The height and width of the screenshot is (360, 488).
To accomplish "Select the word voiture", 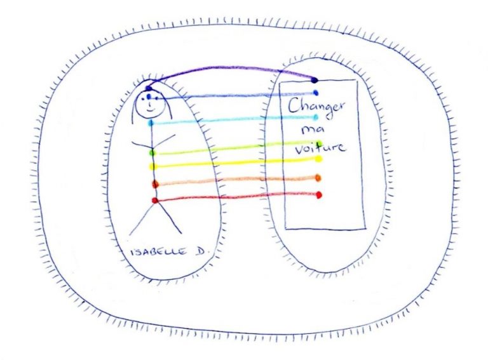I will pos(320,148).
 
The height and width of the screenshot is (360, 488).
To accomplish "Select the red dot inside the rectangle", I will pos(318,194).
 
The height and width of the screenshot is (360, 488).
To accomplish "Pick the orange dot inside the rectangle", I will pos(318,178).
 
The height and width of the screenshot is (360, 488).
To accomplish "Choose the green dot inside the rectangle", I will pos(319,143).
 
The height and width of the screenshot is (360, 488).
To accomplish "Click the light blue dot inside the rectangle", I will pos(315,117).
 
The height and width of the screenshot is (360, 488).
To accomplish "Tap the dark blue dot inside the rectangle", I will pos(315,93).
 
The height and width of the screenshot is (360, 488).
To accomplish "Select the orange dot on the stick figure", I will pos(154,184).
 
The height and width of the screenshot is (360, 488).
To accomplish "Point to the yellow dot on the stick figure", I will pos(152,166).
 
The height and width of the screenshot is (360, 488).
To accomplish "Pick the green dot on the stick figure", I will pos(151,152).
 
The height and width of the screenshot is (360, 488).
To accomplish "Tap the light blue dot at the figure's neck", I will pos(151,123).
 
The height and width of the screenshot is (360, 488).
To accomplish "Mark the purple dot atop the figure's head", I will pos(147,88).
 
